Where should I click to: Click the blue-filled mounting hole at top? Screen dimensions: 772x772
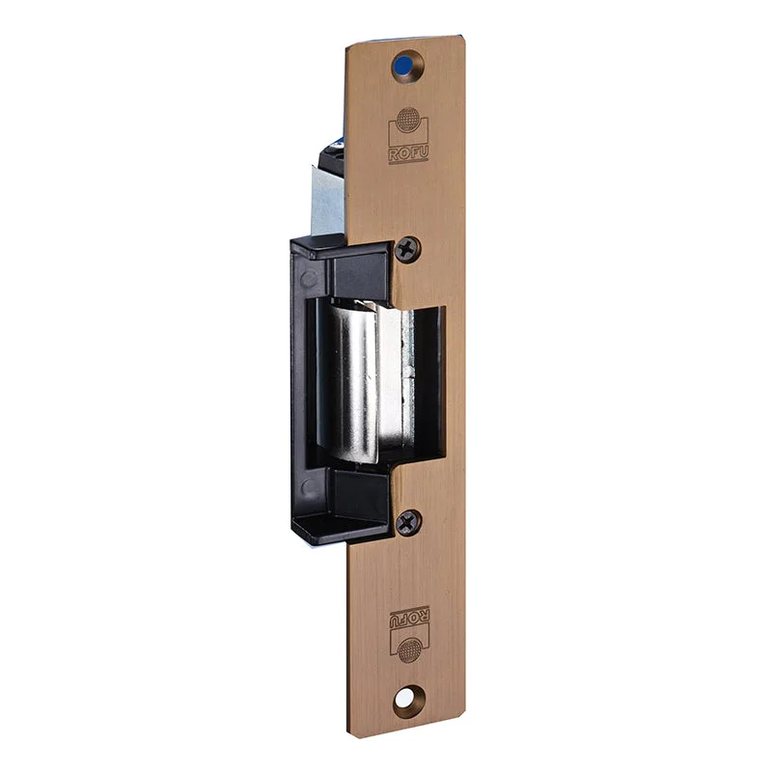pyautogui.click(x=403, y=65)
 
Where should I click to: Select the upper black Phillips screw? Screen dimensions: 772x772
pyautogui.click(x=407, y=250)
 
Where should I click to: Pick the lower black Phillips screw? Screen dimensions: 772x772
pyautogui.click(x=408, y=522)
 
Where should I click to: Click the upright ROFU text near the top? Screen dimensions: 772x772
pyautogui.click(x=408, y=154)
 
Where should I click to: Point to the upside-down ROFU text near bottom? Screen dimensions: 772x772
pyautogui.click(x=409, y=619)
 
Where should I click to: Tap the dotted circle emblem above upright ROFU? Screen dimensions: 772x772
pyautogui.click(x=408, y=119)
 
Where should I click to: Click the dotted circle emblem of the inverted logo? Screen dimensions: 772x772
pyautogui.click(x=409, y=649)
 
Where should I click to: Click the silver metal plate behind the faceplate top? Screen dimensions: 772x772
pyautogui.click(x=328, y=200)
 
